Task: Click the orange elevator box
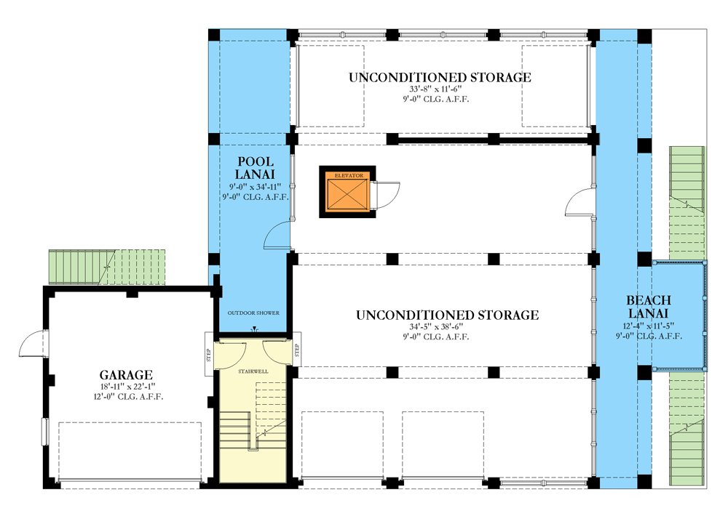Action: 346,195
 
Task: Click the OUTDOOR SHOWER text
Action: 253,313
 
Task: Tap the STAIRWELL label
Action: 253,371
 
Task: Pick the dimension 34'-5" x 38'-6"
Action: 447,328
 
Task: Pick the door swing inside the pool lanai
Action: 277,237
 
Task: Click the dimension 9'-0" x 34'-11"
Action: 255,186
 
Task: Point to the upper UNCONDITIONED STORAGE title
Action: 439,77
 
